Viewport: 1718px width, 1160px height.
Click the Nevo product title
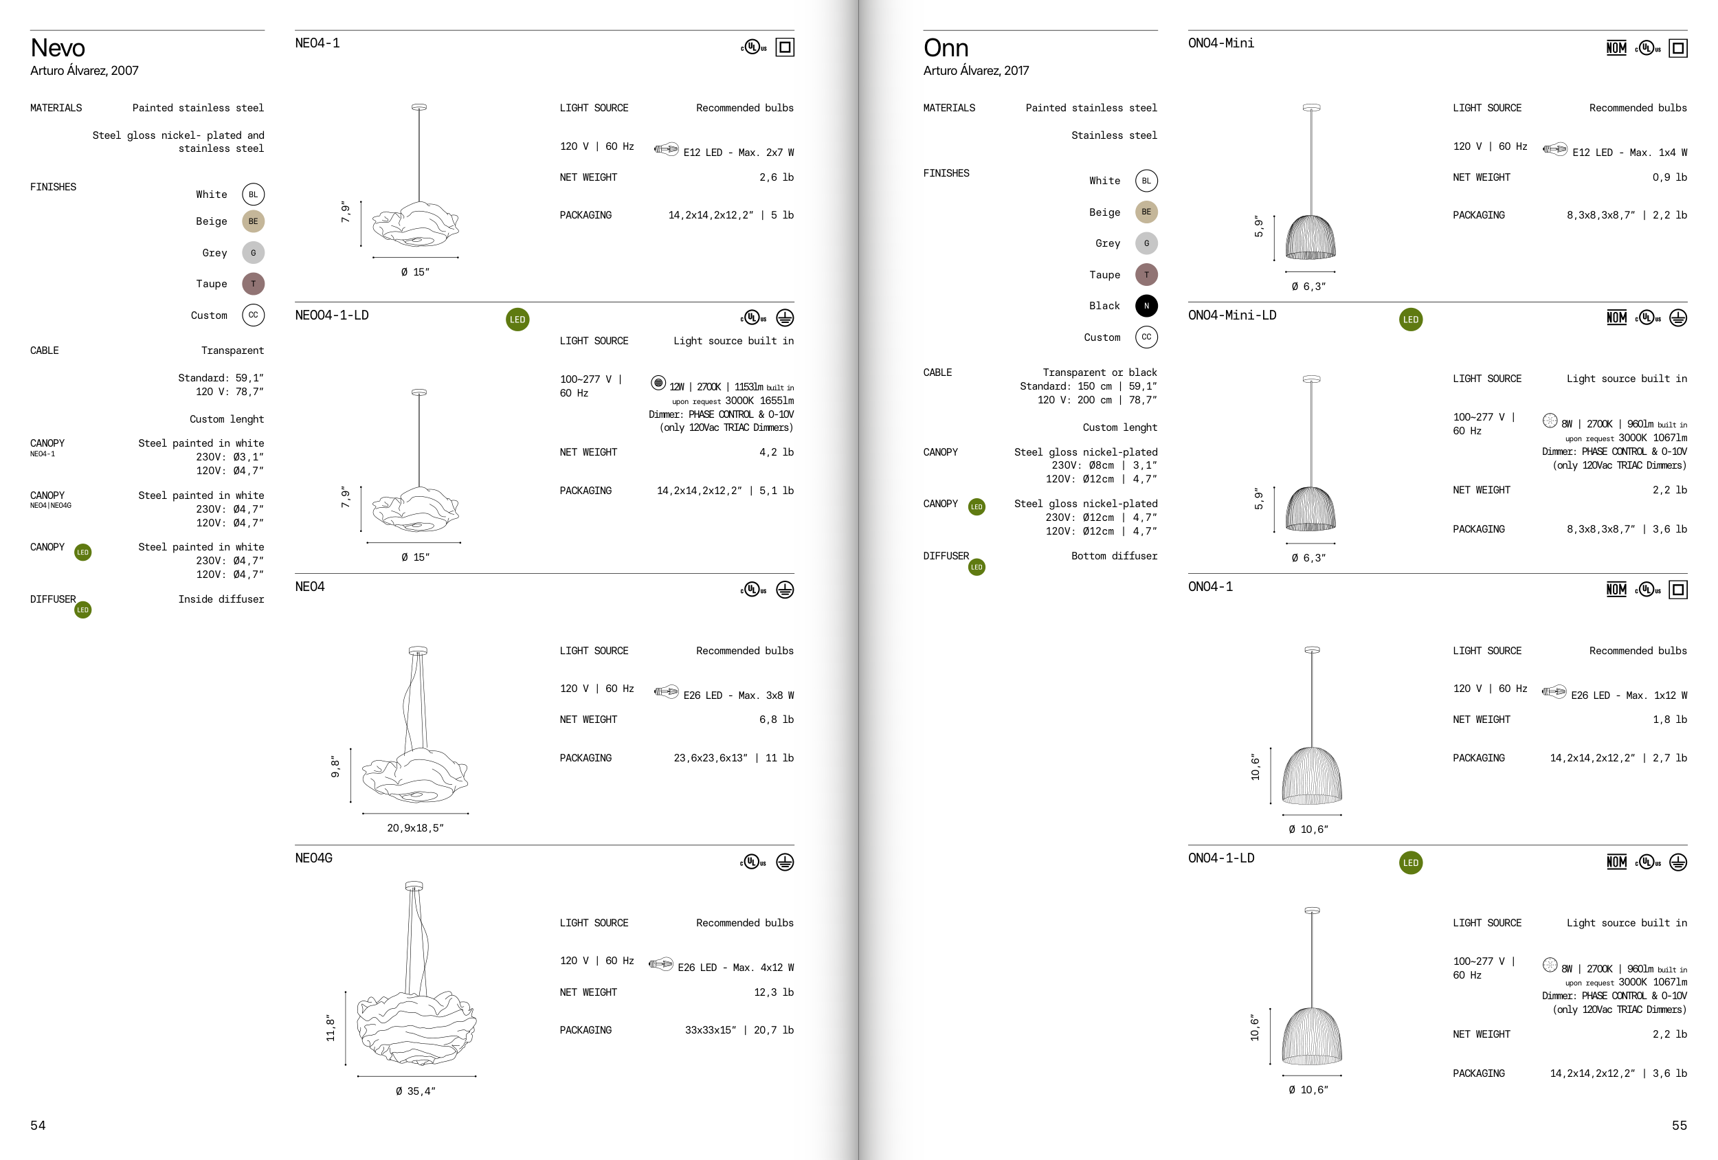(x=58, y=48)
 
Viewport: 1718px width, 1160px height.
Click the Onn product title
(x=946, y=48)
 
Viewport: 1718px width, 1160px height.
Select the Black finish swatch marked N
(x=1146, y=306)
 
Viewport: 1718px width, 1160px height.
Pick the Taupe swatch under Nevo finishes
(x=253, y=284)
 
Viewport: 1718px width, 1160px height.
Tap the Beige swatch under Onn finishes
(x=1146, y=212)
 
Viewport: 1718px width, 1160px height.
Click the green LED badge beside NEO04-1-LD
(x=517, y=320)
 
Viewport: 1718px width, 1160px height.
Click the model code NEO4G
(x=313, y=858)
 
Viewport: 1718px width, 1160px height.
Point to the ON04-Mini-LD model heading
(x=1231, y=315)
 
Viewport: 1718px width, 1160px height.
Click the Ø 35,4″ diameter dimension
(x=416, y=1091)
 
